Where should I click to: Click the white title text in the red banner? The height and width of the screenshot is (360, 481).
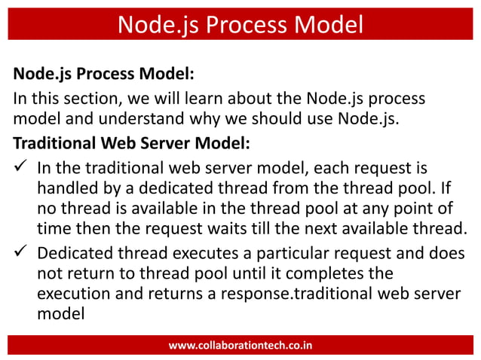point(240,25)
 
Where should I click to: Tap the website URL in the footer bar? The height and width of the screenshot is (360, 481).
point(240,346)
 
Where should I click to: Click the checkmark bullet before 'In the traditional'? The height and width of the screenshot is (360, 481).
point(21,166)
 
